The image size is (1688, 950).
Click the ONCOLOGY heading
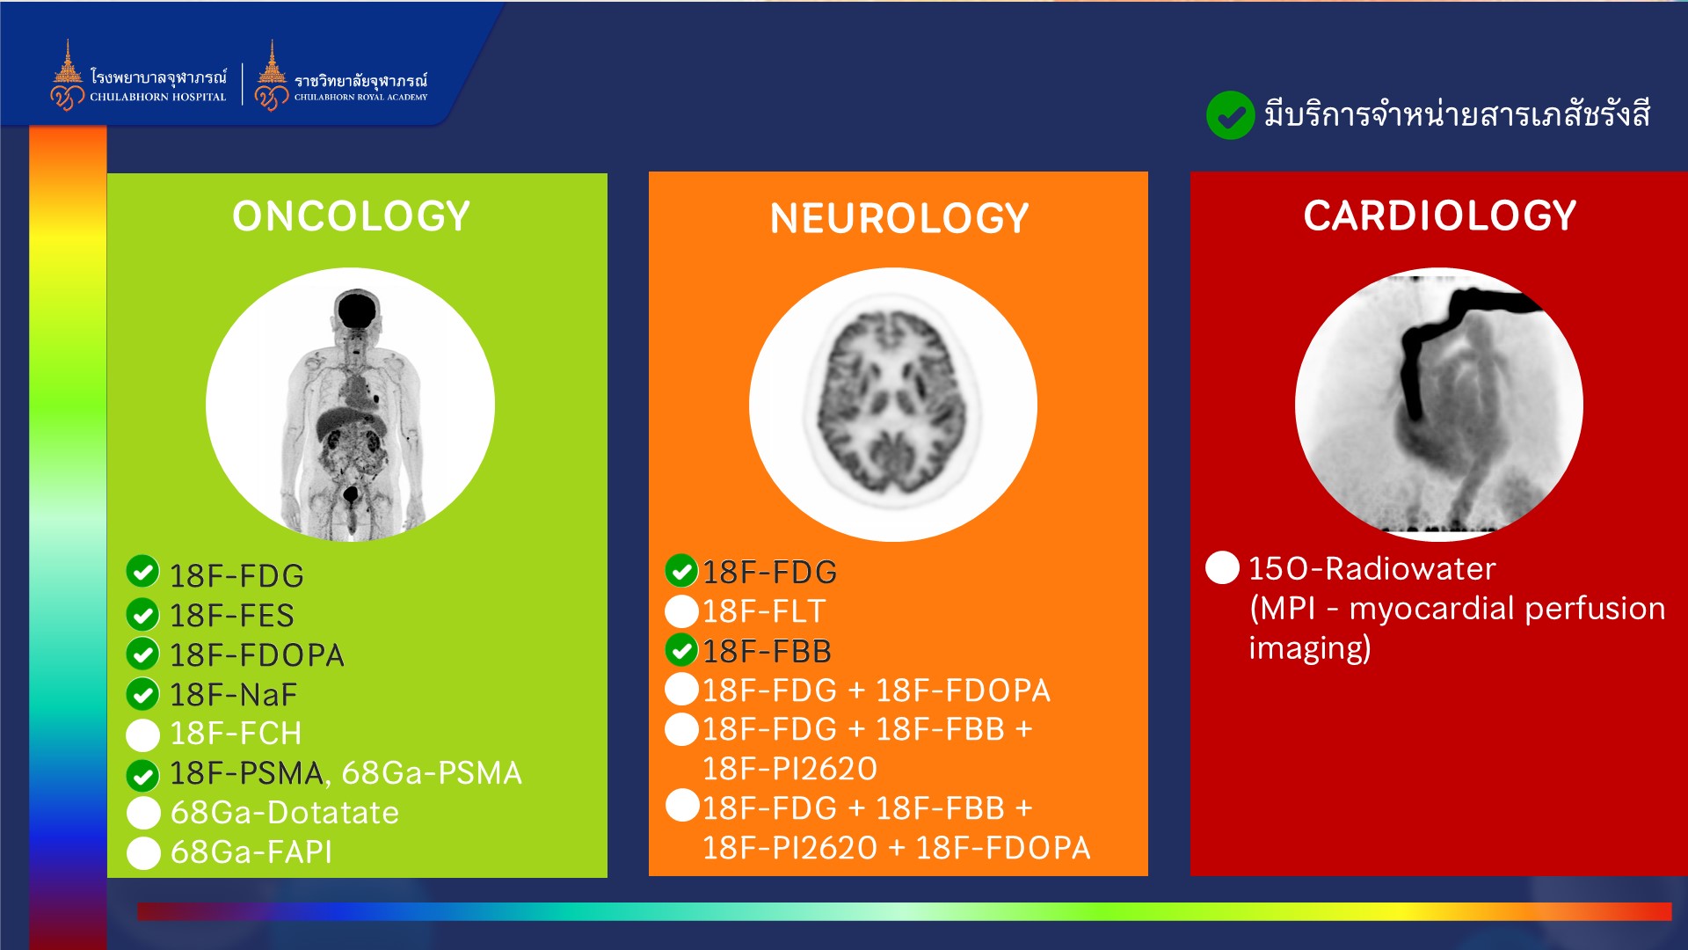pos(351,216)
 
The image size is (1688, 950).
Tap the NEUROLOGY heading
pos(899,218)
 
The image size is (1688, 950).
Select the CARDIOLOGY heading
pos(1439,216)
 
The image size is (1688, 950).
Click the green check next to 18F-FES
pos(142,614)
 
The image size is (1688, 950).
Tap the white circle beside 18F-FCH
pos(143,734)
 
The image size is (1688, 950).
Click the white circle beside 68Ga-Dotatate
pos(143,813)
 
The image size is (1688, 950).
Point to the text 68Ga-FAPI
pos(251,851)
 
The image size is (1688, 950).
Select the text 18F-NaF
pos(233,695)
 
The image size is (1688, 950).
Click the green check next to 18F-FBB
pos(681,650)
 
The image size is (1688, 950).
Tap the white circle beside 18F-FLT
pos(681,611)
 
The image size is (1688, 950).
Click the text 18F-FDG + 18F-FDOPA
pos(877,691)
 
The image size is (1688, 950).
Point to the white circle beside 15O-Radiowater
pos(1222,567)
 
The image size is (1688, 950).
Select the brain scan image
pos(893,404)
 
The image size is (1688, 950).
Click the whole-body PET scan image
pos(350,404)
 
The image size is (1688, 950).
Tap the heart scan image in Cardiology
pos(1439,404)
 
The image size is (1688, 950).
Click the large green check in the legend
pos(1230,115)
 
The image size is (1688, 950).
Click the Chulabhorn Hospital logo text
pos(158,86)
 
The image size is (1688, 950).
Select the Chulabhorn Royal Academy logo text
pos(360,87)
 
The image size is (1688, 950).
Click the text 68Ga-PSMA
pos(431,773)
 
